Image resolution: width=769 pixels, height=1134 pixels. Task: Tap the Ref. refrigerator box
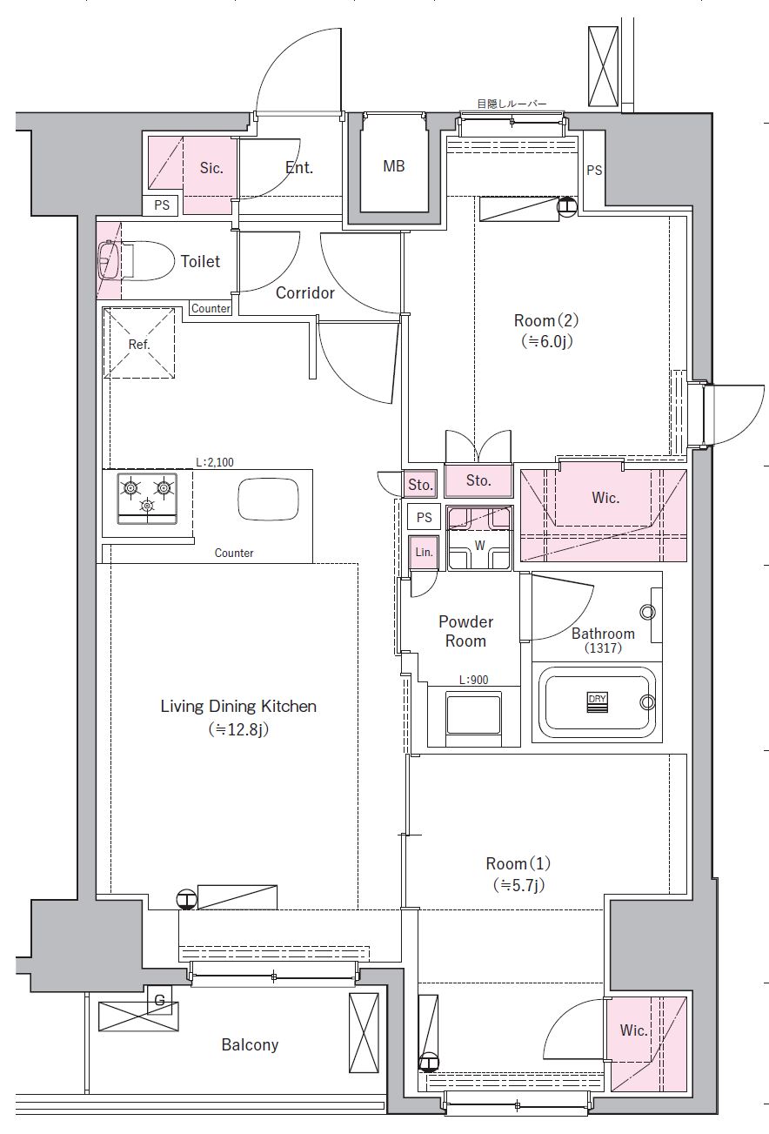point(139,344)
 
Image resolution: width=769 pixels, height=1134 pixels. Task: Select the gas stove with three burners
point(147,502)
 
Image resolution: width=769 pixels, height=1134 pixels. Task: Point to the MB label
point(394,165)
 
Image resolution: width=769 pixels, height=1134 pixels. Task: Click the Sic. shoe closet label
point(211,168)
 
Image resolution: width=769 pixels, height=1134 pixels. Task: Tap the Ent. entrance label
point(299,167)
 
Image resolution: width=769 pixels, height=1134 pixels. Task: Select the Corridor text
point(304,293)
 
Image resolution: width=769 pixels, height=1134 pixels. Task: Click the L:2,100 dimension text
point(214,462)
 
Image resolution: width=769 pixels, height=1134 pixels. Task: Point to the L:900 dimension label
point(473,680)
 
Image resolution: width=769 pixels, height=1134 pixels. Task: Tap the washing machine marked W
point(478,547)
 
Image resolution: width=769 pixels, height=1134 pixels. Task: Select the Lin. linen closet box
point(424,553)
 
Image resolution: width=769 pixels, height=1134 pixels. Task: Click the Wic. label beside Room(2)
point(605,498)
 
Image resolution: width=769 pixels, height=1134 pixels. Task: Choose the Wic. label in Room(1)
point(633,1030)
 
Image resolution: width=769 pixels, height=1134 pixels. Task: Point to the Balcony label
point(250,1044)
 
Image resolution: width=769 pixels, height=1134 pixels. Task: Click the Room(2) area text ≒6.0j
point(544,341)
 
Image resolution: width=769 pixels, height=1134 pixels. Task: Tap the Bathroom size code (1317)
point(596,648)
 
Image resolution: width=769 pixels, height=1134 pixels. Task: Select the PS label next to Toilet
point(162,206)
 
